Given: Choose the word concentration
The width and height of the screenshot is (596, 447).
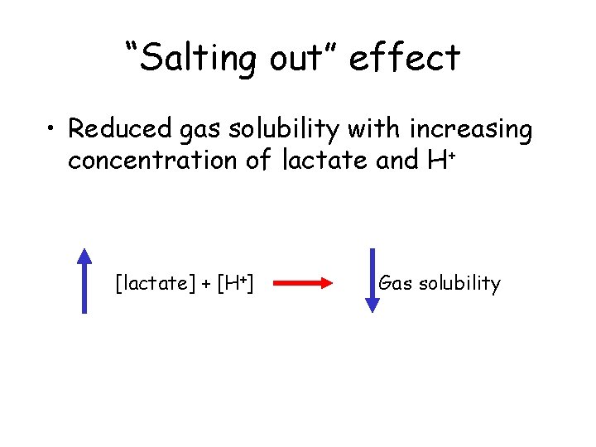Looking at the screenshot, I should tap(154, 161).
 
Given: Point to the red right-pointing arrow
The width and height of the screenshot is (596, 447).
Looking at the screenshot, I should tap(302, 284).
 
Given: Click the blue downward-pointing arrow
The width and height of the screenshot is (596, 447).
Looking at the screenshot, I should tap(372, 280).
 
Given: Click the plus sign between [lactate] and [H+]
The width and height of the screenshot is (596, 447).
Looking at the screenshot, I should tap(205, 286).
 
